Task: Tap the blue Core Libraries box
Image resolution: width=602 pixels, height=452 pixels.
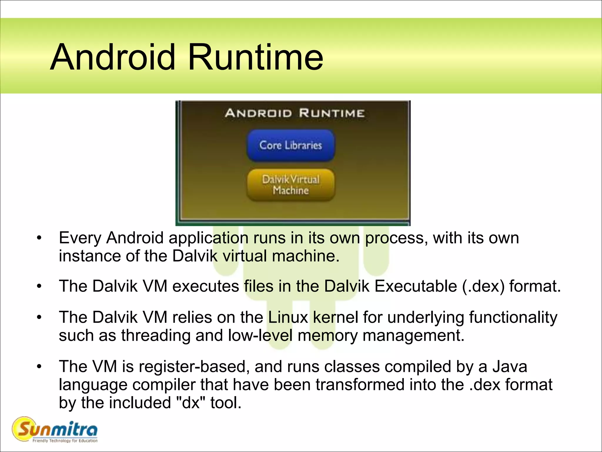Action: (x=291, y=145)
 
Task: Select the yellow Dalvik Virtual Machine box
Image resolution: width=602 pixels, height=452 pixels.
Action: (x=291, y=185)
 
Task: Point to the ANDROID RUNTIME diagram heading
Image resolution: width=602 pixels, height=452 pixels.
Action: (x=295, y=113)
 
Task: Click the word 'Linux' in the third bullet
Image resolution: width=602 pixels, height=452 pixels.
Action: (x=288, y=318)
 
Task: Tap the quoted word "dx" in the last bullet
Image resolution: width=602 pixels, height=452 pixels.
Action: (x=191, y=403)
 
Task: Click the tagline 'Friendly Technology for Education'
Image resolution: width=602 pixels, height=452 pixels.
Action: (x=65, y=441)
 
